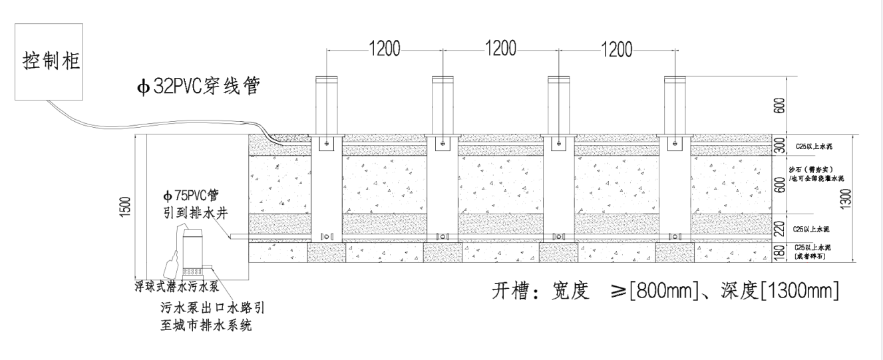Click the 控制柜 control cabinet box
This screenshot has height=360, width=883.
pyautogui.click(x=50, y=62)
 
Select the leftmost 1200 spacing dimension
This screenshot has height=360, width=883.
pyautogui.click(x=385, y=49)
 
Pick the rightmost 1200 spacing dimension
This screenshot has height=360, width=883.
pyautogui.click(x=617, y=49)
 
